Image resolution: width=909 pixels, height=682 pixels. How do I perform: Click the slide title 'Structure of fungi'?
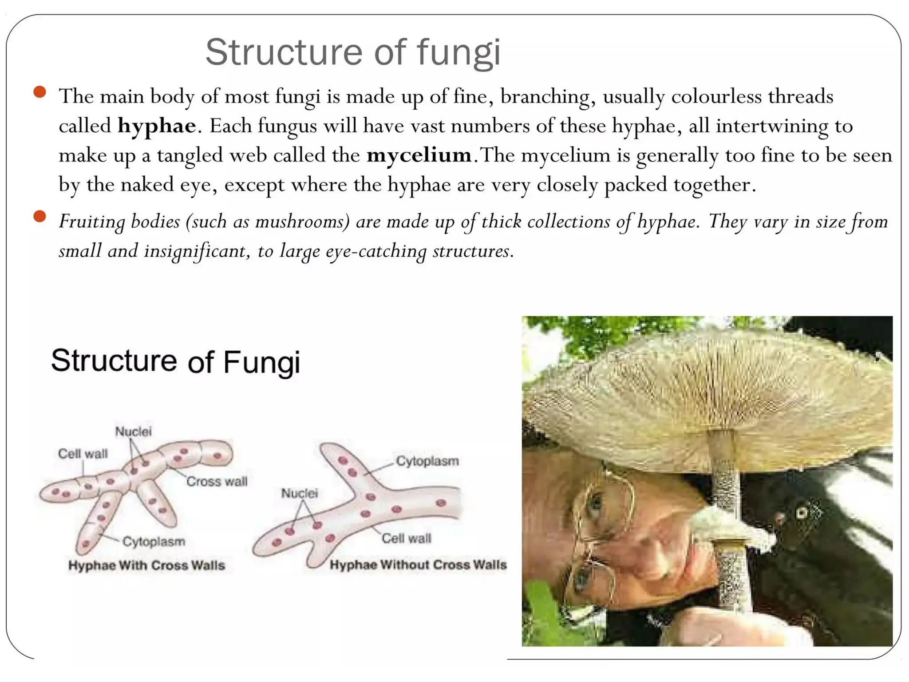(x=353, y=52)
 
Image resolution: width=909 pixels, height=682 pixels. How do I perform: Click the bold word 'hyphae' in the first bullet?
(x=157, y=126)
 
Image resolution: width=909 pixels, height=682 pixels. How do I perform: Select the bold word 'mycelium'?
(x=419, y=155)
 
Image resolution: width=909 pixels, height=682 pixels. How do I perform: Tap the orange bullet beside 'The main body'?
(x=40, y=92)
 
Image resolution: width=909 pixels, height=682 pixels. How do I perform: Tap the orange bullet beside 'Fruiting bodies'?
(x=40, y=217)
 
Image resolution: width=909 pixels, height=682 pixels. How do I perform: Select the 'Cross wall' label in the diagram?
(x=217, y=481)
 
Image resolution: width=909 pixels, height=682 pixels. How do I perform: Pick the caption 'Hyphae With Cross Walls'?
(x=146, y=565)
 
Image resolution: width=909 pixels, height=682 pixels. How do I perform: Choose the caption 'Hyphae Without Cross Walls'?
(x=418, y=565)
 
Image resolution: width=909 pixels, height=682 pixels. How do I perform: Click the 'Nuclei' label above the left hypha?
(x=133, y=431)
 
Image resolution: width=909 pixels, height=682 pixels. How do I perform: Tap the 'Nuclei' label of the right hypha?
(x=300, y=493)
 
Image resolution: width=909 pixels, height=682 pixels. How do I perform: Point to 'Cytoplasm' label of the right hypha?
(x=427, y=461)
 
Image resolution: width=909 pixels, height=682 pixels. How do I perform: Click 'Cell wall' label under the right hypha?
(x=406, y=539)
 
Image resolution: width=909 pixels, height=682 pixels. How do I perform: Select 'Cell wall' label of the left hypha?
(x=83, y=453)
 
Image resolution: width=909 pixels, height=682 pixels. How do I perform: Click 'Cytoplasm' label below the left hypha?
(x=154, y=542)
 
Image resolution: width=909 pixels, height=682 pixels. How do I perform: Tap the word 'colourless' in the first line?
(x=716, y=97)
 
